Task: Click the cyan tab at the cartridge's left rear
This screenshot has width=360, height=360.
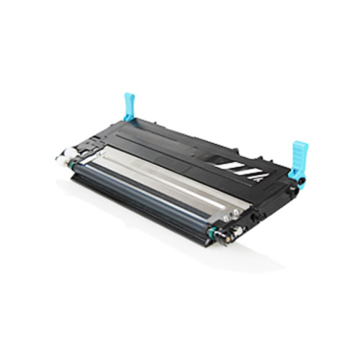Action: (x=130, y=106)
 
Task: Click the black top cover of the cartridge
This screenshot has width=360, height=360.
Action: (x=180, y=137)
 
